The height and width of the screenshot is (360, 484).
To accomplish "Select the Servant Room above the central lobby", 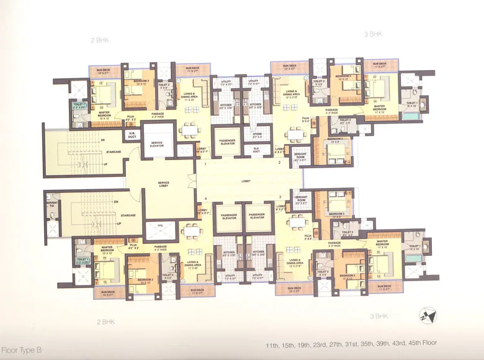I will [x=301, y=157].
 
